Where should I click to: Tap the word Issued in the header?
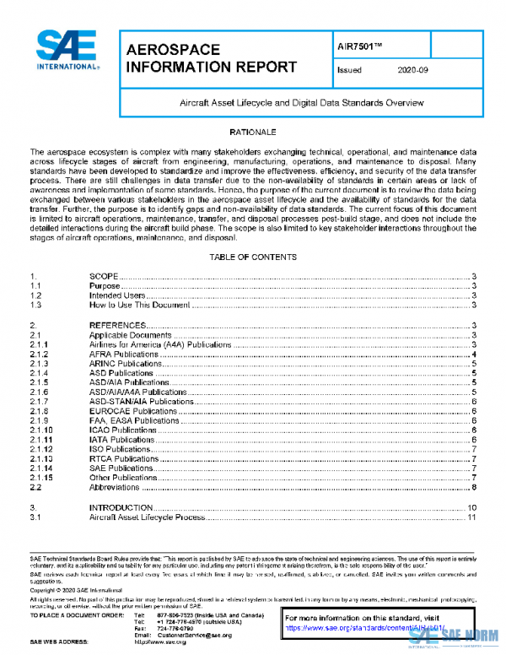(x=349, y=71)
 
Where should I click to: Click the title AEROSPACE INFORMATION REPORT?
(x=211, y=58)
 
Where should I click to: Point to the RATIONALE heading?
(x=253, y=133)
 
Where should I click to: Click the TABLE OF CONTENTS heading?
(x=253, y=256)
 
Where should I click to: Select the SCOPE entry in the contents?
(x=105, y=277)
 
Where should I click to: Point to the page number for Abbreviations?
(x=476, y=487)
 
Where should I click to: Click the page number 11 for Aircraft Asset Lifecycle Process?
(x=473, y=517)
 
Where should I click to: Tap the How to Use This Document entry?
(x=140, y=306)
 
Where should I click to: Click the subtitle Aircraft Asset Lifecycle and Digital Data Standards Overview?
(x=302, y=102)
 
